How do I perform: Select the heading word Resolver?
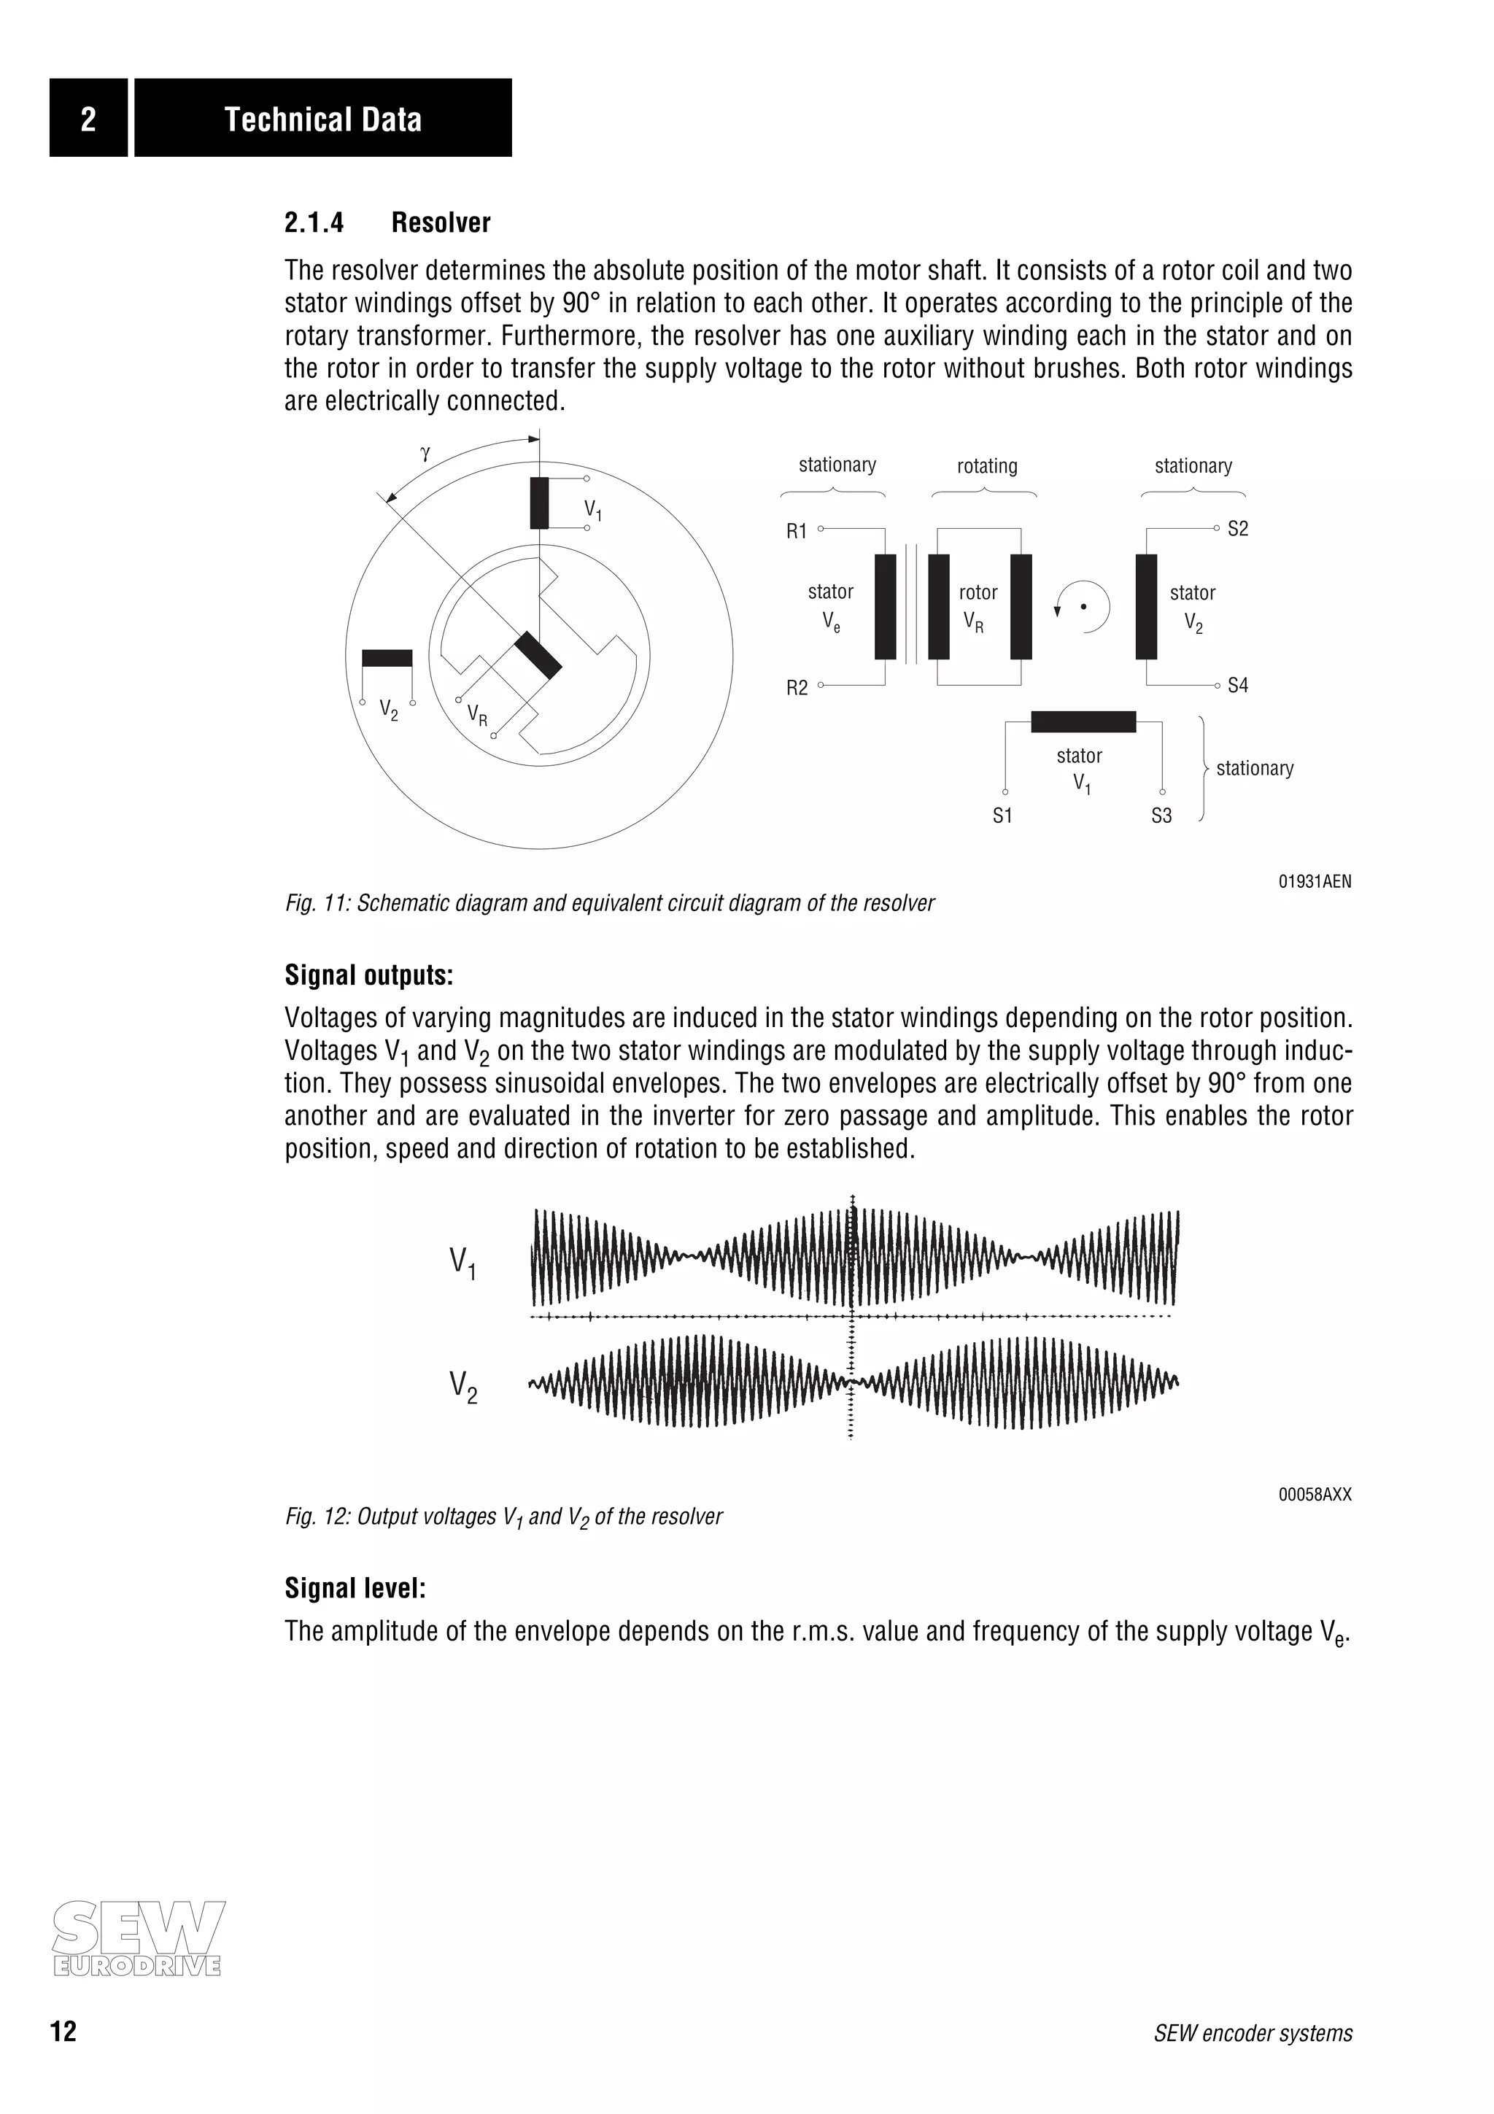[x=440, y=222]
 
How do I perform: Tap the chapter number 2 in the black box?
[x=88, y=119]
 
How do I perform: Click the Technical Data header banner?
[x=323, y=119]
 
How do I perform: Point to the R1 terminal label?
[x=797, y=531]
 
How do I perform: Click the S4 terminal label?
[x=1237, y=685]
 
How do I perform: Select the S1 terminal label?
[x=1002, y=816]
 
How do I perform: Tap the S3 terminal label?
[x=1161, y=816]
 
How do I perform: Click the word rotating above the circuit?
[x=987, y=466]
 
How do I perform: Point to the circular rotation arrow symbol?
[x=1083, y=607]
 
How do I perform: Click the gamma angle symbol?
[x=425, y=453]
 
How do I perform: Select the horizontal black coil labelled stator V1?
[x=1083, y=722]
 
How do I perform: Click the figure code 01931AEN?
[x=1315, y=881]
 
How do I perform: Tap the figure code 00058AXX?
[x=1315, y=1495]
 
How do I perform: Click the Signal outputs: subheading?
[x=368, y=975]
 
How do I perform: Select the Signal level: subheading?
[x=355, y=1588]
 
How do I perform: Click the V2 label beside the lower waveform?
[x=463, y=1387]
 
